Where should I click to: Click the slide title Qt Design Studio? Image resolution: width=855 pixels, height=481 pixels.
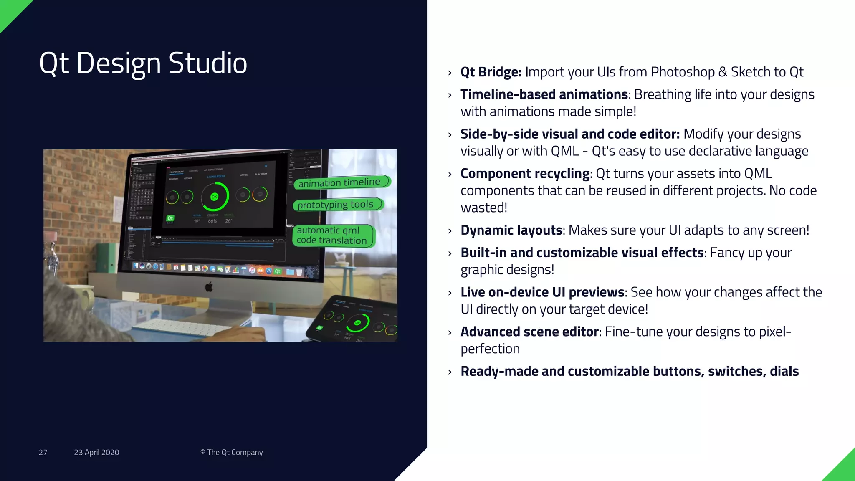pos(143,63)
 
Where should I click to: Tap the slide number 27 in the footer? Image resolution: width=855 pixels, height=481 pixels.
pos(43,452)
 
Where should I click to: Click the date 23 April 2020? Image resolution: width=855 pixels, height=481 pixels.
pos(96,452)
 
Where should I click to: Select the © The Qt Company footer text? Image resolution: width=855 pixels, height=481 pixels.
pos(231,452)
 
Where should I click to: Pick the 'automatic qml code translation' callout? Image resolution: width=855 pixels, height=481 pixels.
pos(332,235)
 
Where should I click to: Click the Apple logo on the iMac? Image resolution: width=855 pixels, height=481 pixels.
pos(209,287)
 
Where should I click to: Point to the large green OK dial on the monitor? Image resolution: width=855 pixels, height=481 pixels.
pos(215,196)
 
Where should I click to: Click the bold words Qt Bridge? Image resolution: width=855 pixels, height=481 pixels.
pos(491,72)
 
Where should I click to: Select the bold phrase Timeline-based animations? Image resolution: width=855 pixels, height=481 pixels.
pos(544,95)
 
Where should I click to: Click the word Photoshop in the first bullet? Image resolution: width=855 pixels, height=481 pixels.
pos(683,72)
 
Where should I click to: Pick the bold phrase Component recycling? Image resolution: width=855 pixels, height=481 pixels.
pos(525,174)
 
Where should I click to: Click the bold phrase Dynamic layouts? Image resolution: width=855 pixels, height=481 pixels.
pos(511,230)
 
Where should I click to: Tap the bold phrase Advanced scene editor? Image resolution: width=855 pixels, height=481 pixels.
pos(530,332)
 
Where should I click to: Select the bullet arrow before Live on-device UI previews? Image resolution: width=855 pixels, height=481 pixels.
pos(450,293)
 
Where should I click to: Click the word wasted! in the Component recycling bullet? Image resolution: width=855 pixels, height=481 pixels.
pos(484,208)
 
